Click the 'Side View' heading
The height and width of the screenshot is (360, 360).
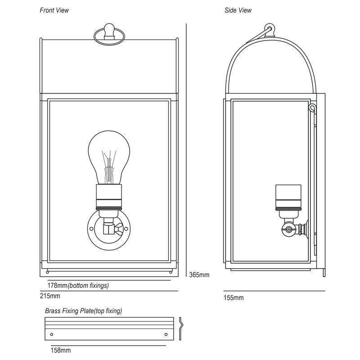pos(238,10)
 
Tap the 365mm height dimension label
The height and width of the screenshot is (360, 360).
pos(199,274)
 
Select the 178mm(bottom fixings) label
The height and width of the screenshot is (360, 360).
pos(78,285)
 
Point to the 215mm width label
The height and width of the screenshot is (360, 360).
pos(50,296)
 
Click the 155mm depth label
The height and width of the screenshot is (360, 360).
pos(234,297)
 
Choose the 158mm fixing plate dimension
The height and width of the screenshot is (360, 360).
pos(60,350)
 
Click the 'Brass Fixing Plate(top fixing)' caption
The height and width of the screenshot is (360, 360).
pos(83,310)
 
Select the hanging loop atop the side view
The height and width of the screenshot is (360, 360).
pos(269,30)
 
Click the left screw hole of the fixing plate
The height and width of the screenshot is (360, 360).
pos(52,334)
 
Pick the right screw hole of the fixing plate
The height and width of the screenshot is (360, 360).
pos(166,334)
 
